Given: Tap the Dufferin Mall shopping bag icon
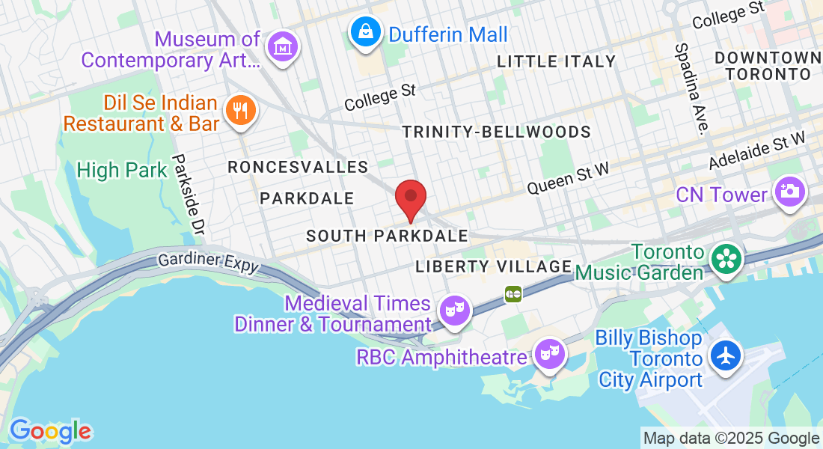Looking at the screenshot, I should tap(364, 32).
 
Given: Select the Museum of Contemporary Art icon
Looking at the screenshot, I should tap(282, 46).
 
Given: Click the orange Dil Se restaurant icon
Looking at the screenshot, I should tap(239, 112).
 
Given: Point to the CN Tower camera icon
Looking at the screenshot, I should tap(789, 192).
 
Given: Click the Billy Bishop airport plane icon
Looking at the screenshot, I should tap(725, 355).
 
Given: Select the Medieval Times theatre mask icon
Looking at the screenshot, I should tap(454, 309).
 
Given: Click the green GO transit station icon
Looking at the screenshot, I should tap(513, 293).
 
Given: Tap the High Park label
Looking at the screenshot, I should tap(122, 171).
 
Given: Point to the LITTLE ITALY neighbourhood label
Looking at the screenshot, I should tap(556, 61).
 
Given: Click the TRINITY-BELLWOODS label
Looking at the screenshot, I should tap(496, 132).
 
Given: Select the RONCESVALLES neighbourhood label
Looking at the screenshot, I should tap(298, 166).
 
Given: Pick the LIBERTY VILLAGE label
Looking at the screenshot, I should tap(494, 266).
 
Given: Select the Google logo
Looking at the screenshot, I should tap(50, 431).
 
